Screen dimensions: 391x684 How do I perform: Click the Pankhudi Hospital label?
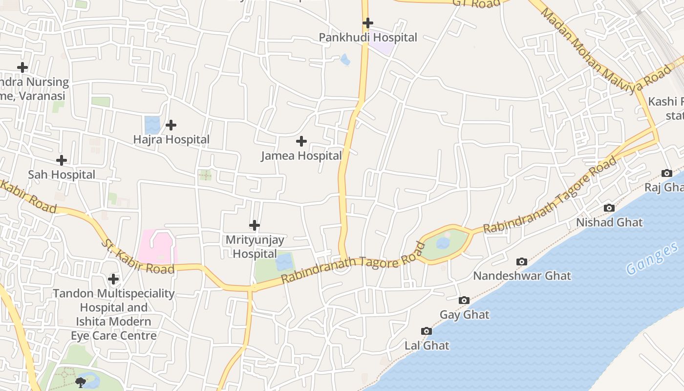368,38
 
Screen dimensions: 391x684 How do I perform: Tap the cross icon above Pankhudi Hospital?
368,23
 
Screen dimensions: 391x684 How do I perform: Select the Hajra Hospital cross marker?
171,125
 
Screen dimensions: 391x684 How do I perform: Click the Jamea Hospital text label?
301,156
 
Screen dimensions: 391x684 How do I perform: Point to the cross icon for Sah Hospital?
62,160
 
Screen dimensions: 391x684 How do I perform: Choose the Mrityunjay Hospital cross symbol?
255,225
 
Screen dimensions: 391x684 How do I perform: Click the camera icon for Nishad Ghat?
609,208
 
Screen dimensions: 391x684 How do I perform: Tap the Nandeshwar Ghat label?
522,276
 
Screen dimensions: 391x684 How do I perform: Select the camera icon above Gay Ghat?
464,300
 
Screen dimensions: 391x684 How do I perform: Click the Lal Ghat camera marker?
427,331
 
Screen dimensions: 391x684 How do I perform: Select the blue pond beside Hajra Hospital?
152,125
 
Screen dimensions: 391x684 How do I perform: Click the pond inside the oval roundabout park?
443,243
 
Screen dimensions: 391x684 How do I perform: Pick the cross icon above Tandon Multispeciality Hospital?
113,279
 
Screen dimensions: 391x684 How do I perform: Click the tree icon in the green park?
81,382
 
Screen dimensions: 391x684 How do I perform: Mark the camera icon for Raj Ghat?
667,173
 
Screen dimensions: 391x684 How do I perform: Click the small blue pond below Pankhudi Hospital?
345,60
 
